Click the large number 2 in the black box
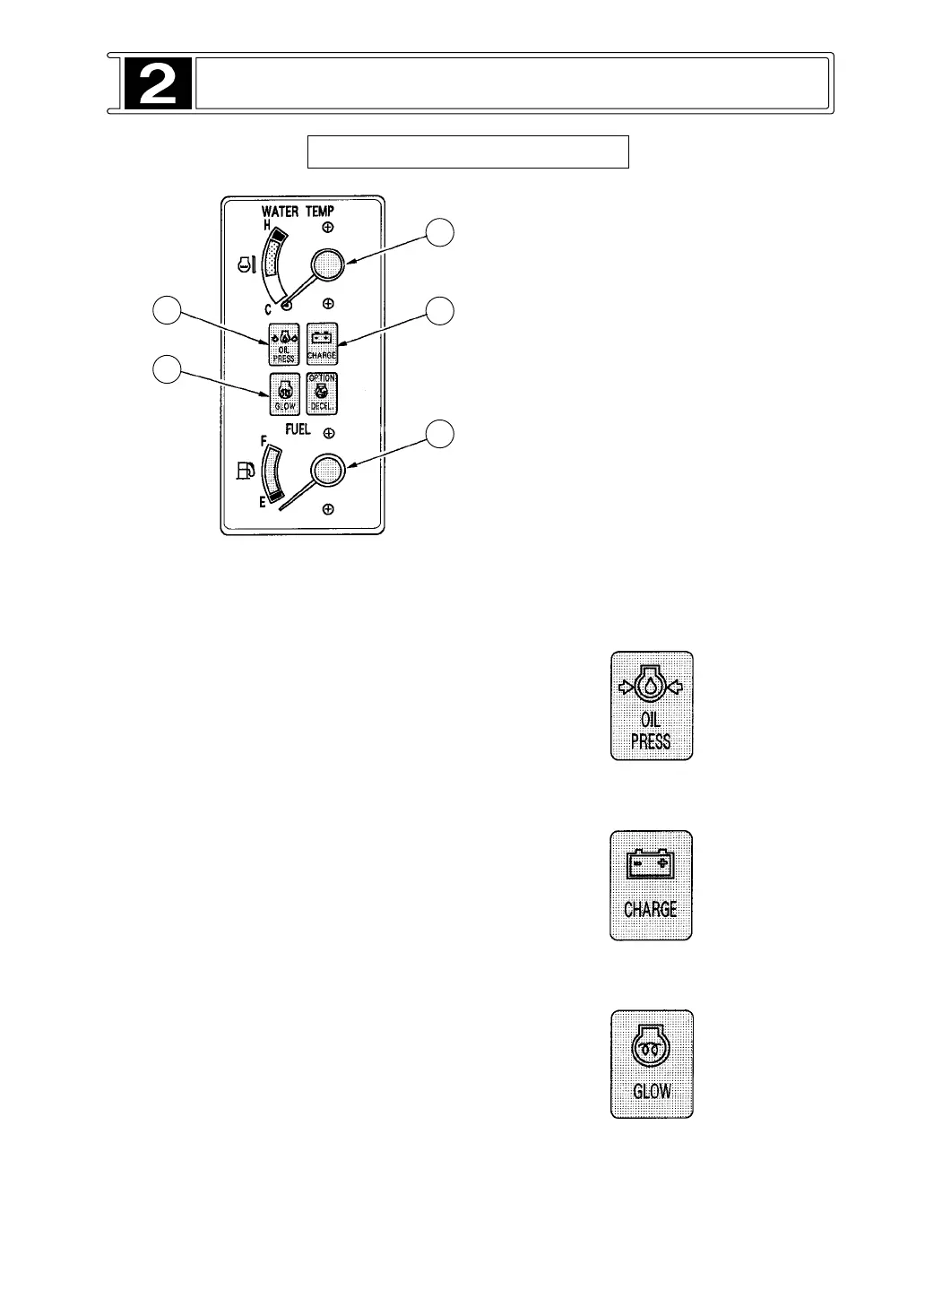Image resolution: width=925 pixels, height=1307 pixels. click(x=157, y=84)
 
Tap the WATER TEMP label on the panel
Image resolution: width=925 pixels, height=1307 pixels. click(x=298, y=212)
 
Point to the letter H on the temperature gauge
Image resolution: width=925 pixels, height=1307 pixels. click(x=266, y=224)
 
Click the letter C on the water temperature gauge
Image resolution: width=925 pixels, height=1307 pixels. click(x=268, y=310)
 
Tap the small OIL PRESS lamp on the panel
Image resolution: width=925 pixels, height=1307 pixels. click(x=283, y=343)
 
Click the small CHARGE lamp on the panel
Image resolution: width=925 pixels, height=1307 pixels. click(x=322, y=343)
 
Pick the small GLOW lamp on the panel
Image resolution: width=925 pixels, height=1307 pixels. click(x=283, y=392)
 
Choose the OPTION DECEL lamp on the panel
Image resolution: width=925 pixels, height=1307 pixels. click(x=322, y=392)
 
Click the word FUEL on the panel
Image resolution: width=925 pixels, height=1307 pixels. click(x=298, y=429)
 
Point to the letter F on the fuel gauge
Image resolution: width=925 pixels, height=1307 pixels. click(x=264, y=441)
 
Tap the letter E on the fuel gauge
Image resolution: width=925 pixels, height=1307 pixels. click(x=263, y=503)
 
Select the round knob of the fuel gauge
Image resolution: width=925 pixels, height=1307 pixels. click(x=328, y=469)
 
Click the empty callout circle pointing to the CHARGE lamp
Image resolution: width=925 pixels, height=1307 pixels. click(x=439, y=311)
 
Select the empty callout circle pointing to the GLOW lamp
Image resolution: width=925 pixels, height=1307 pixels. click(x=166, y=368)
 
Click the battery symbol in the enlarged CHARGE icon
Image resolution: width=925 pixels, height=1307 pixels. click(x=652, y=865)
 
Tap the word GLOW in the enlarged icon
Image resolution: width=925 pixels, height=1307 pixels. click(x=652, y=1092)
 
